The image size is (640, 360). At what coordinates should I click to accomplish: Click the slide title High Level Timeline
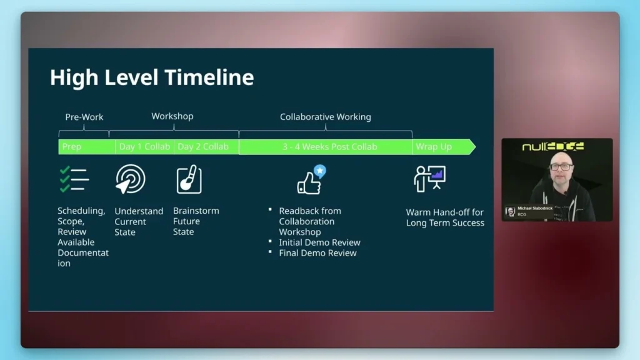tap(152, 77)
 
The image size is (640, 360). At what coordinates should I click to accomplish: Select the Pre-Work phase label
tap(84, 117)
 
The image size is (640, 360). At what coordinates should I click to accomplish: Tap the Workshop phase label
tap(172, 116)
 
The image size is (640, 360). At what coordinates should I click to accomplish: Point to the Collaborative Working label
tap(325, 117)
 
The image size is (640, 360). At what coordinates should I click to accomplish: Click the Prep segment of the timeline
tap(72, 147)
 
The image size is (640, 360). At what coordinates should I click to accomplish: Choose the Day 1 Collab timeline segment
tap(144, 147)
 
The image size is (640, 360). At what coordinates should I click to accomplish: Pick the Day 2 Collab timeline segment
tap(203, 147)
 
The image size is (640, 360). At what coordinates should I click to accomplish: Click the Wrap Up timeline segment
tap(434, 147)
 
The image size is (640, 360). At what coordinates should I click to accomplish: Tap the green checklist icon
tap(74, 179)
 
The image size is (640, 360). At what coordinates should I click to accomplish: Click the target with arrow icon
tap(131, 179)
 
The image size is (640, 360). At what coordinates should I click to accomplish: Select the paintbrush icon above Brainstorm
tap(189, 179)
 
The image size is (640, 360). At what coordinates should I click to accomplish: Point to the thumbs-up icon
tap(311, 180)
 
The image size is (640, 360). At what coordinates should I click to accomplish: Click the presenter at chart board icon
tap(429, 179)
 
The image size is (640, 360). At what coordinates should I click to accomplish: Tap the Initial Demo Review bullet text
tap(319, 242)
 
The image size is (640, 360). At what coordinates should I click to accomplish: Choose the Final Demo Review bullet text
tap(317, 253)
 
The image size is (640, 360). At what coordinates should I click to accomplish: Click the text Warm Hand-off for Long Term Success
tap(445, 217)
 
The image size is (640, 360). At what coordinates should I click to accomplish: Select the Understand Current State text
tap(138, 221)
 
